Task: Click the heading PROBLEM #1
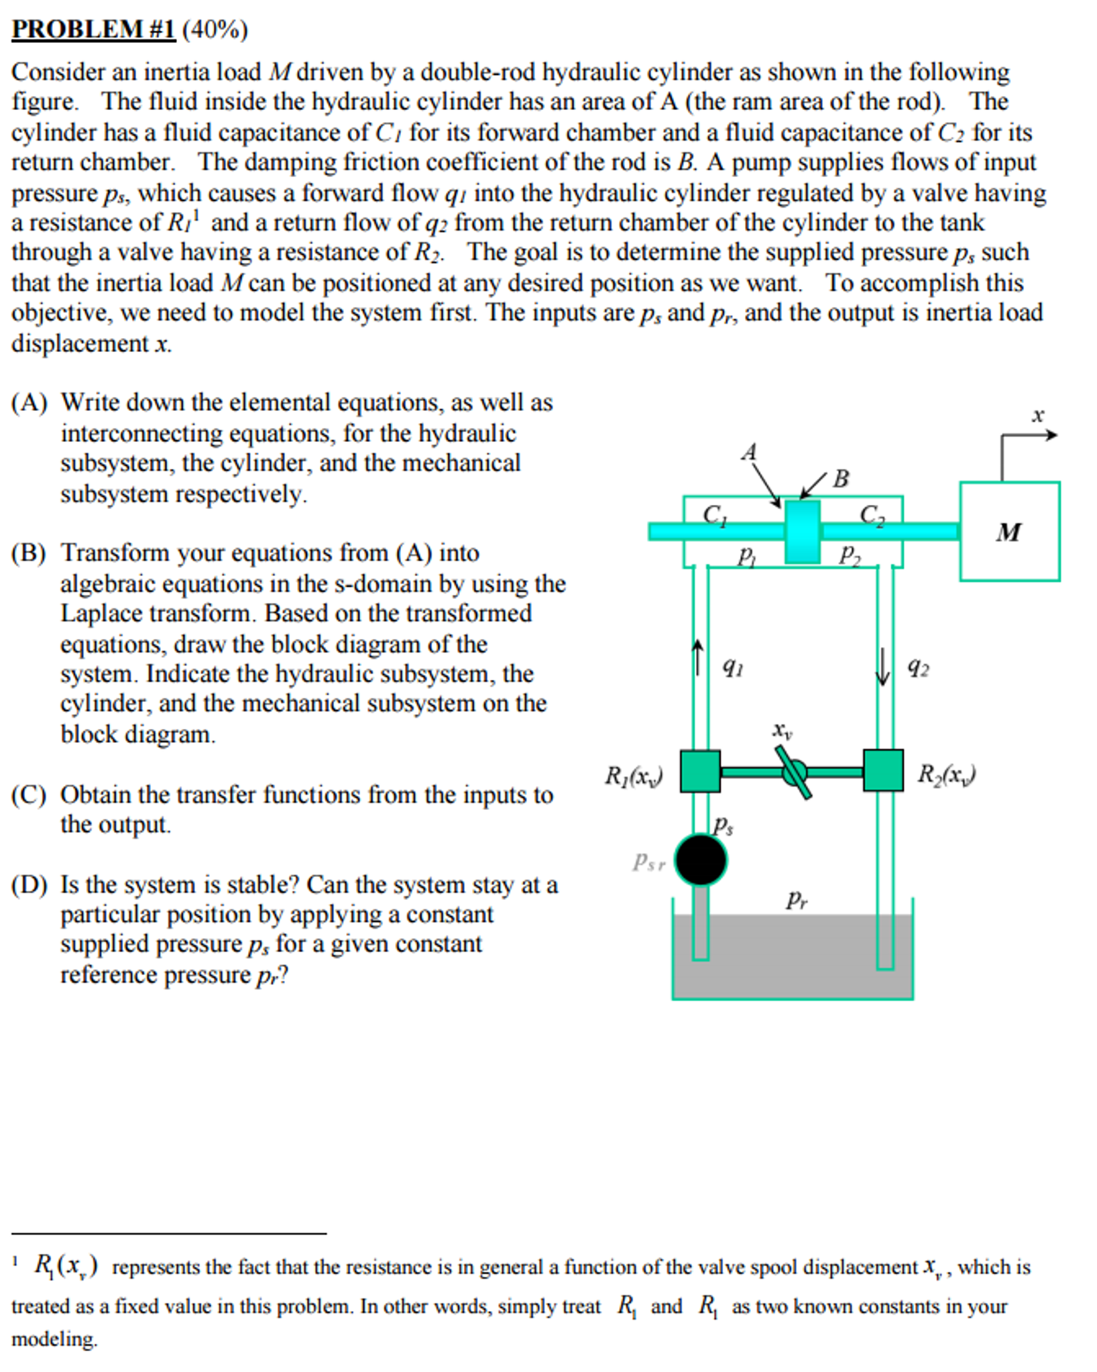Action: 93,30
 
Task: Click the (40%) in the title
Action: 215,30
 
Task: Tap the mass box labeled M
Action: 1008,531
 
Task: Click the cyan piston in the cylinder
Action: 802,531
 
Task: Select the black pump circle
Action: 700,860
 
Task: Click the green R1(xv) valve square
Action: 700,771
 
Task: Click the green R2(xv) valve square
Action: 882,771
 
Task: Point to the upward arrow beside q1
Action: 697,657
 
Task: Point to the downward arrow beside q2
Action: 883,667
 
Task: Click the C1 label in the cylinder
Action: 714,515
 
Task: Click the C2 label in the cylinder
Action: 872,515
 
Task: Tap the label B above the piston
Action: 841,479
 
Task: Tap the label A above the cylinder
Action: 749,452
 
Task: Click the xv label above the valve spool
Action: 782,730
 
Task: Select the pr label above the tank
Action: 797,899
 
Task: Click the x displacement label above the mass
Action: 1037,415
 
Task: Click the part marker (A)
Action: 29,402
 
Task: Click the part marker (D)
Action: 29,885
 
